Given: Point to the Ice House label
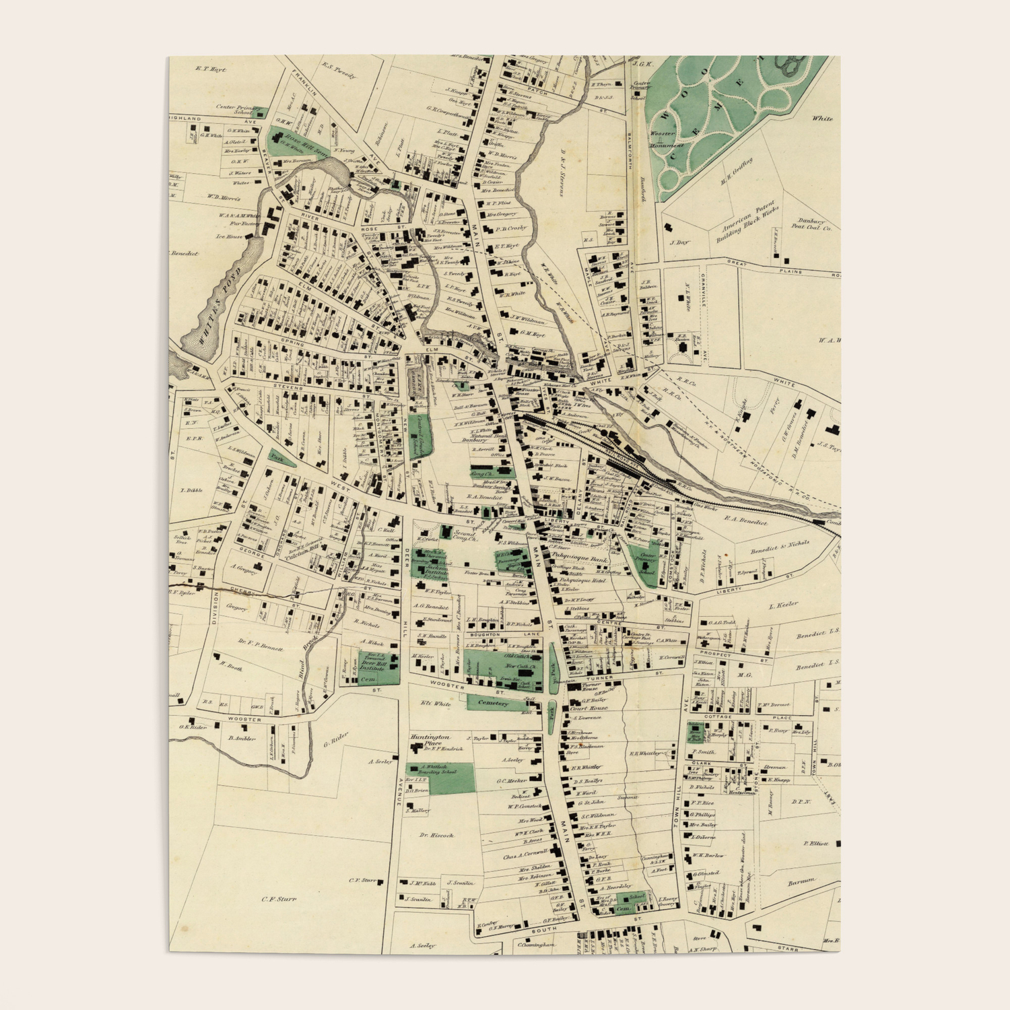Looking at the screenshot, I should click(230, 236).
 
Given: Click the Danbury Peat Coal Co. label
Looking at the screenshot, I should click(815, 224).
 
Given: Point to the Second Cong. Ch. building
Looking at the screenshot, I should click(445, 533).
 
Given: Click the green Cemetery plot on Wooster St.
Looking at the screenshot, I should click(493, 703).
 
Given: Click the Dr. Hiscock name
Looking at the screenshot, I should click(437, 835).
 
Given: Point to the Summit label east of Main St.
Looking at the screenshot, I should click(628, 797).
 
